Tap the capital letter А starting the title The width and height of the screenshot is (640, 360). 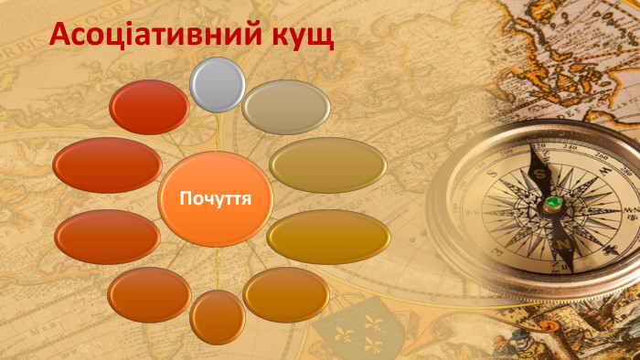coord(59,35)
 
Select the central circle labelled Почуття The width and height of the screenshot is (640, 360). coord(216,199)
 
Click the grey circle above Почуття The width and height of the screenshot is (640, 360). coord(217,85)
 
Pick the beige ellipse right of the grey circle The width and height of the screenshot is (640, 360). coord(286,107)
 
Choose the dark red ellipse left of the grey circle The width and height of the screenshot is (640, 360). coord(149,107)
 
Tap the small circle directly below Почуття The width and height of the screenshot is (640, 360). coord(218,316)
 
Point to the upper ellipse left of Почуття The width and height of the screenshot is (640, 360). coord(107,164)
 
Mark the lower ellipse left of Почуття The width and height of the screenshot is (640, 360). coord(107,237)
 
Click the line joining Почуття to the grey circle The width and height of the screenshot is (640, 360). coord(217,132)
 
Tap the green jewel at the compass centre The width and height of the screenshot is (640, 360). coord(553,202)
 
